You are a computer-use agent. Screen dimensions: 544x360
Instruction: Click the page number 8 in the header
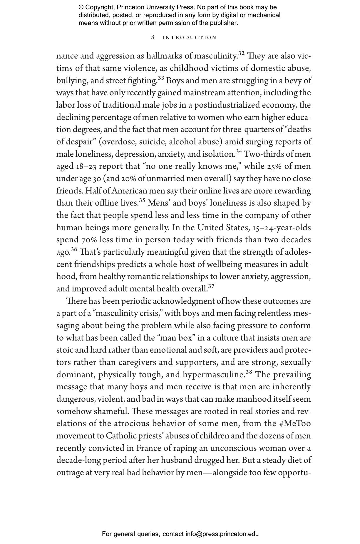[x=153, y=37]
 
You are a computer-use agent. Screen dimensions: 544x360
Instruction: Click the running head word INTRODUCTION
[x=190, y=38]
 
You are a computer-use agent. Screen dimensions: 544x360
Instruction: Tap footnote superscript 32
[x=241, y=53]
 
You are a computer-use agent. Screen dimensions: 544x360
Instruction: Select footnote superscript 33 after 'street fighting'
[x=161, y=78]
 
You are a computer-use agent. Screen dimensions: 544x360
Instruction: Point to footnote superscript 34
[x=239, y=151]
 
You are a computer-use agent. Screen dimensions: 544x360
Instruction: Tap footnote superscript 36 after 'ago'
[x=74, y=249]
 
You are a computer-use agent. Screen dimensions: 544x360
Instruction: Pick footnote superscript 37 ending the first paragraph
[x=211, y=286]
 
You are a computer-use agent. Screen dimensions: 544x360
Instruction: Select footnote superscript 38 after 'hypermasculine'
[x=249, y=372]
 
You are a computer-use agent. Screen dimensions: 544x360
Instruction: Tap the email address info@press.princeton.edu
[x=222, y=534]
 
